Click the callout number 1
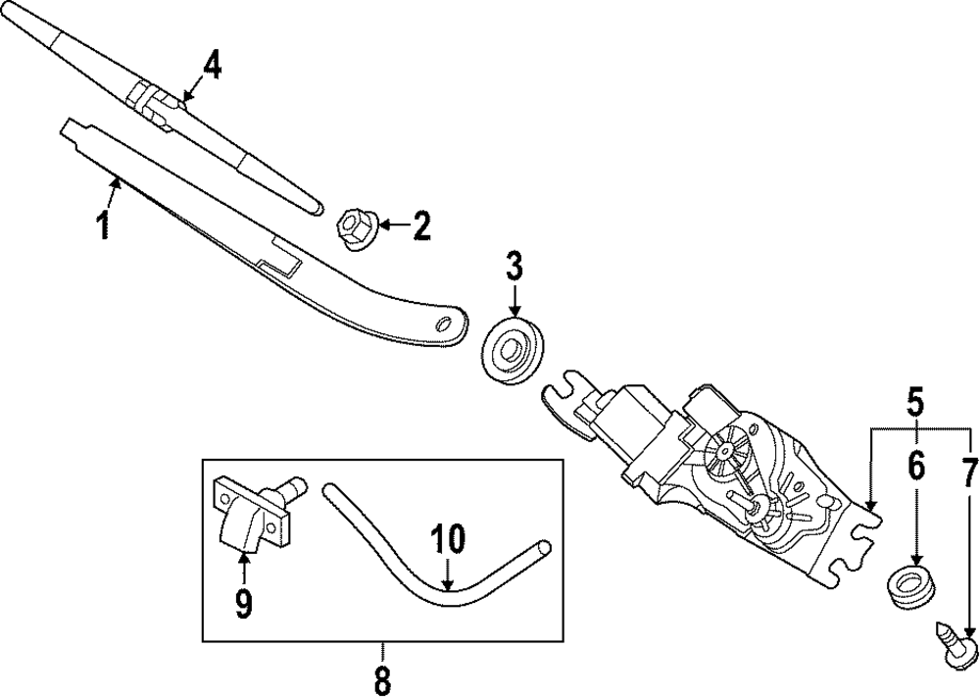102,225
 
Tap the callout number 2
420,227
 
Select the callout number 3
514,267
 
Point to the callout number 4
212,67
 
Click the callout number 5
915,402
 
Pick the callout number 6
915,468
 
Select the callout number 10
447,539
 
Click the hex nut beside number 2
355,227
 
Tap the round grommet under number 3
510,348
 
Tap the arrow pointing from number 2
390,227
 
